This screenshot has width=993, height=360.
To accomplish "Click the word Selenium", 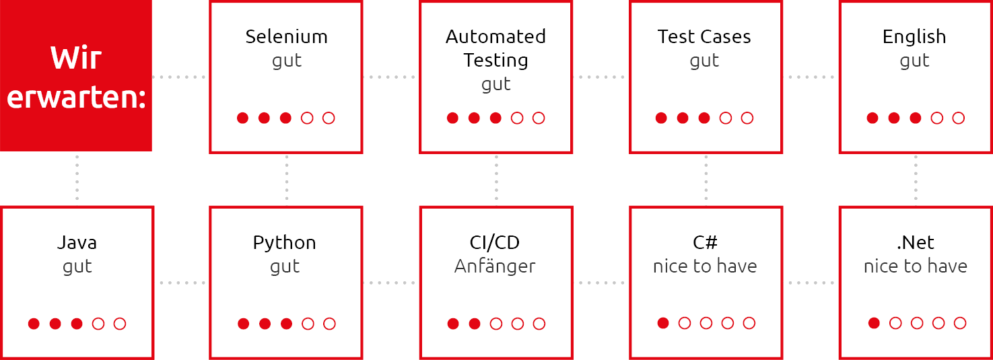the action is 286,36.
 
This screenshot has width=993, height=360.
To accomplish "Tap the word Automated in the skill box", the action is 495,36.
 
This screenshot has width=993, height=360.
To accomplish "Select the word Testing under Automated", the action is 495,61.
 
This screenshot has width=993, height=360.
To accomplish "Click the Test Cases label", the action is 704,36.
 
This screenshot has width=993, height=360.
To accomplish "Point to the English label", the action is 914,37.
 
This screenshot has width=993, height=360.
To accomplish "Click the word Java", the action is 77,242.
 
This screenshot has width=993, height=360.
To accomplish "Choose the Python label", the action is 284,244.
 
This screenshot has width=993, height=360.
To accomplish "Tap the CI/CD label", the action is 494,242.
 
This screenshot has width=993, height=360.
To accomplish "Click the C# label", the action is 705,242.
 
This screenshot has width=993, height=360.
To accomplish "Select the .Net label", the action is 915,242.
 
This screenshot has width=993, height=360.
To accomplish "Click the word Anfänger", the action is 495,266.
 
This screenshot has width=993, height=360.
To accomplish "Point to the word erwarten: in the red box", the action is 76,98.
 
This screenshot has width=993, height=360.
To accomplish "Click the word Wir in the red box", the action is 76,58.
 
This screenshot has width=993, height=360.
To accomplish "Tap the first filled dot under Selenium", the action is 242,118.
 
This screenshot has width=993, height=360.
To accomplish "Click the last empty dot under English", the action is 959,118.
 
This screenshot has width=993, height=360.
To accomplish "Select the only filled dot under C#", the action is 663,323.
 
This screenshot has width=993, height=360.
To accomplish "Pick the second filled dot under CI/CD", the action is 475,324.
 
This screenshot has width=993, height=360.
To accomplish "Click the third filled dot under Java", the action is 77,324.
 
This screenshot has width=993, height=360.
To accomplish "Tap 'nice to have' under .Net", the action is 916,266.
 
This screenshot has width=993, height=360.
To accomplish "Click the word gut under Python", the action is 285,267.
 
